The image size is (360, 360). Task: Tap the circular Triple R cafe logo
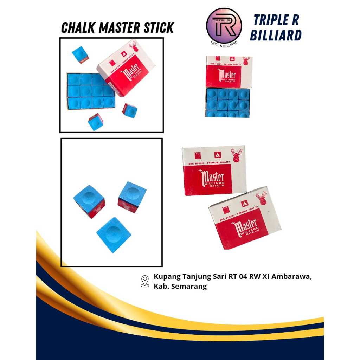click(224, 26)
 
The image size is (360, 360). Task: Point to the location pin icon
click(145, 281)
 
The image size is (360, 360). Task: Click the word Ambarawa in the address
click(295, 277)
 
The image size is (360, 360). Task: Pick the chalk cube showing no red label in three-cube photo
click(114, 234)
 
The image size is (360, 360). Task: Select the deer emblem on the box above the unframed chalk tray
click(246, 60)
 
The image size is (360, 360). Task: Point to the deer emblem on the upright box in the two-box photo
click(237, 155)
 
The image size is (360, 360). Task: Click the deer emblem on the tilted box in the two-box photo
click(261, 198)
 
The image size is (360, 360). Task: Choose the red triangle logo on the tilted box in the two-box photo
click(245, 203)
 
